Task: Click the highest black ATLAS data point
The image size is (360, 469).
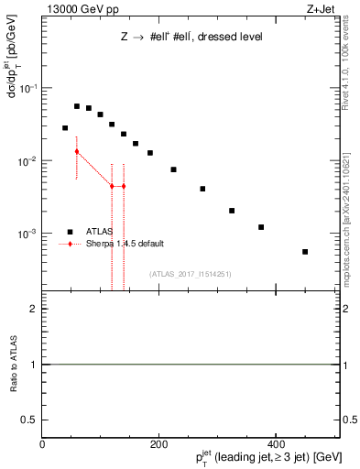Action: [x=77, y=106]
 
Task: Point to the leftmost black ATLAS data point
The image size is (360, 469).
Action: [x=65, y=128]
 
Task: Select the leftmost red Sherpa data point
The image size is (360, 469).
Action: [x=77, y=151]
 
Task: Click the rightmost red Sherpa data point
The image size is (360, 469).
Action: [x=124, y=186]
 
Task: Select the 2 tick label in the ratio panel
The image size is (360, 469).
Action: [x=34, y=310]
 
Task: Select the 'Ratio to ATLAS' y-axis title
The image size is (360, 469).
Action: [x=13, y=365]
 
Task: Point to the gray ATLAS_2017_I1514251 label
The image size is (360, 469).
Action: [x=191, y=274]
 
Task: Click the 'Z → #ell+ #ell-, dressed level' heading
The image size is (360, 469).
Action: [x=191, y=38]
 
